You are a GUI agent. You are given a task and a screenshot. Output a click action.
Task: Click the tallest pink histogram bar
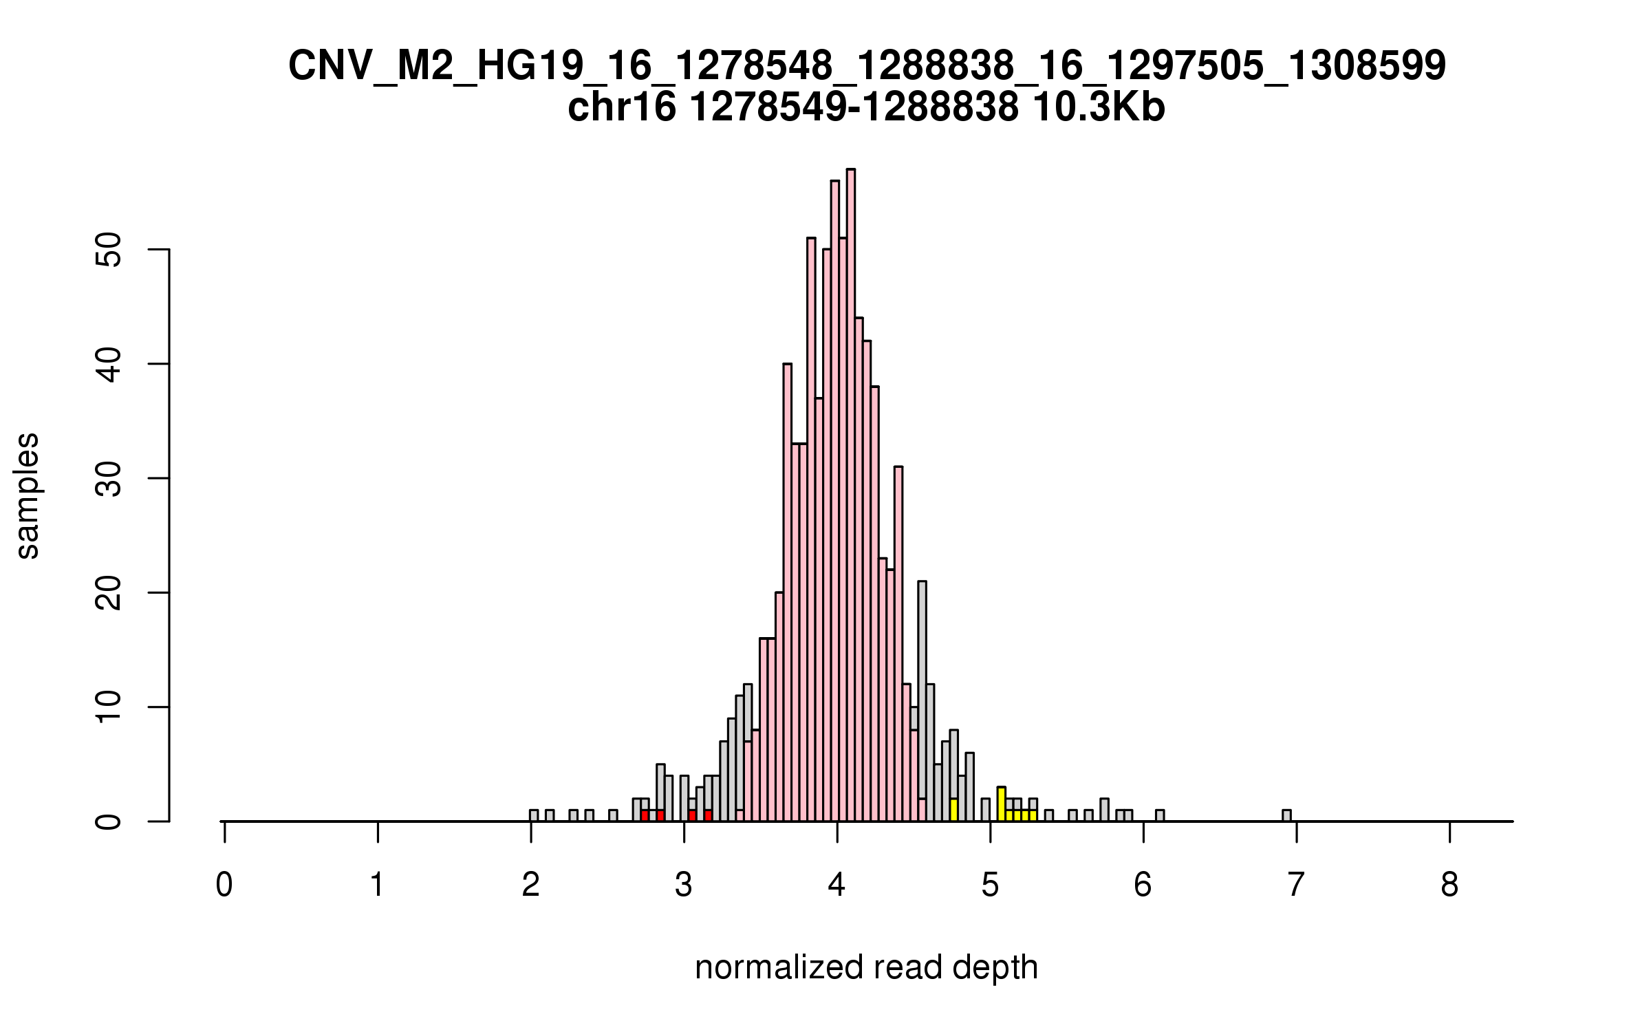(851, 495)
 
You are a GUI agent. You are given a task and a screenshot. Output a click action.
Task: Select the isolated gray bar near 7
(1286, 816)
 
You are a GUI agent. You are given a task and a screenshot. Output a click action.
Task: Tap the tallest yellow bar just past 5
(1002, 804)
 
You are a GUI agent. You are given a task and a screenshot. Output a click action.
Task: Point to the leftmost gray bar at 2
(534, 816)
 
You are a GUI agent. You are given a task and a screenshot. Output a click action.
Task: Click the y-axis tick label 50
(109, 249)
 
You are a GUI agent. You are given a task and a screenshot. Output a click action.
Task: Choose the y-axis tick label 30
(109, 478)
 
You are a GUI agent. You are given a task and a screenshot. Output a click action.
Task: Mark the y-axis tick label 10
(109, 707)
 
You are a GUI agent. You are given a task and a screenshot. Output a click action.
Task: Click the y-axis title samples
(28, 496)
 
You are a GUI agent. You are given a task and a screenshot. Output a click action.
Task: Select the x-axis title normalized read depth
(866, 968)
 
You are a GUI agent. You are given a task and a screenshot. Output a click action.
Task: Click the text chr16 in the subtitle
(622, 108)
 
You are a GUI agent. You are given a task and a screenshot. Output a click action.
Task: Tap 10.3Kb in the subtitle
(1099, 108)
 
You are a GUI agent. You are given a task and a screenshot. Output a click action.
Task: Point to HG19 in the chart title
(528, 67)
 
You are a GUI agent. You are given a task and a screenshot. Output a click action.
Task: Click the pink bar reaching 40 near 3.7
(788, 592)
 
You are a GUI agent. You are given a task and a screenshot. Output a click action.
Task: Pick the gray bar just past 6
(1160, 816)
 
